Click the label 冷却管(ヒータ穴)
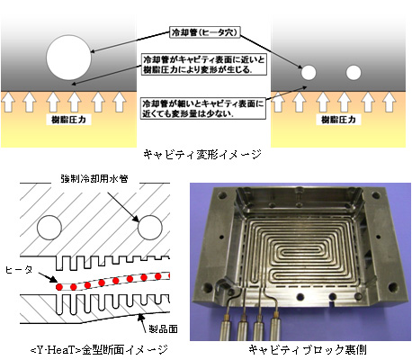(x=205, y=32)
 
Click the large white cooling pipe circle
(x=68, y=58)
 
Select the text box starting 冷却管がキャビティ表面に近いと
(x=204, y=65)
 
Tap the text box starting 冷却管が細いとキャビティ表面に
(x=203, y=109)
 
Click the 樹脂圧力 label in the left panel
(x=68, y=120)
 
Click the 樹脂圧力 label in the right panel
(x=338, y=120)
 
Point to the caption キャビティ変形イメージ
(x=202, y=155)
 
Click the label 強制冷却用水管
(x=94, y=179)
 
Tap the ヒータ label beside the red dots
(x=19, y=270)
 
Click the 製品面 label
(x=163, y=329)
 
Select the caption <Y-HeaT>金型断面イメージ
(x=99, y=350)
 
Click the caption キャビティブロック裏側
(x=308, y=350)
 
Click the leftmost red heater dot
(x=59, y=287)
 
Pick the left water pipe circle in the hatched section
(x=49, y=228)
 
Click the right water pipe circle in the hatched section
(x=150, y=228)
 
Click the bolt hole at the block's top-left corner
(x=222, y=195)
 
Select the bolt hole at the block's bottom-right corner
(x=393, y=287)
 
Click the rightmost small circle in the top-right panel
(x=354, y=73)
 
